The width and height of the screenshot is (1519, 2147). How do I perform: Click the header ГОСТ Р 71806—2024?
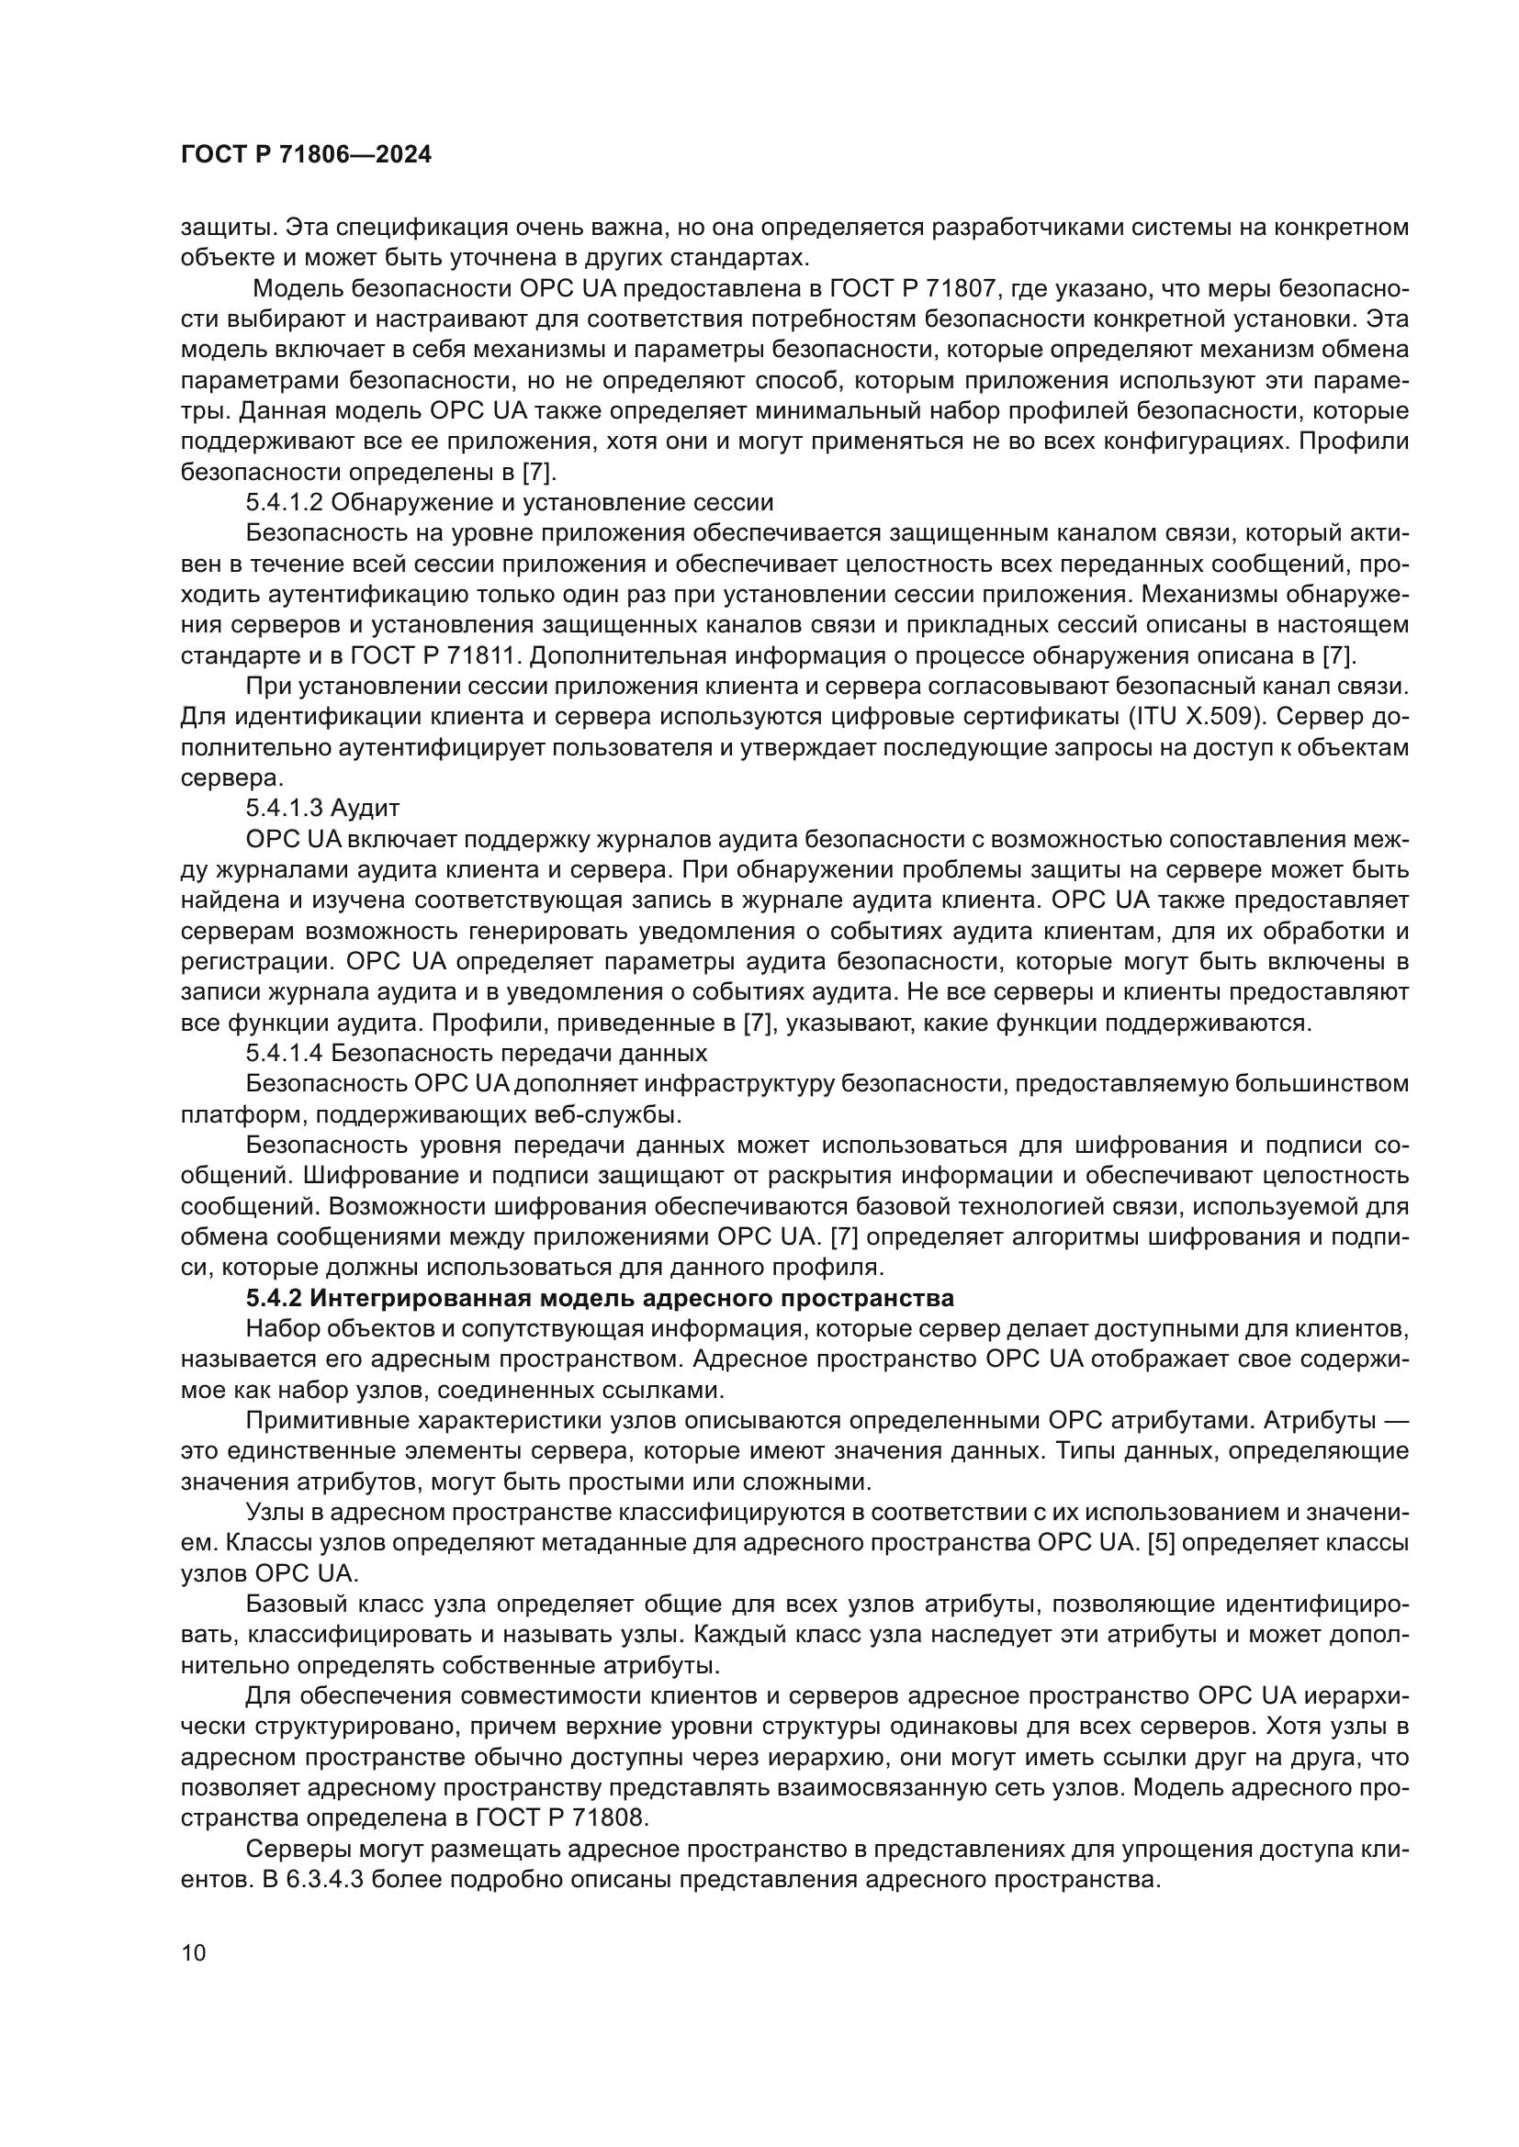pos(306,155)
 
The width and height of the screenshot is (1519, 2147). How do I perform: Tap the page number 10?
pos(194,1953)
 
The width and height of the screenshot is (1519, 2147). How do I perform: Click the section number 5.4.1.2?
pos(285,503)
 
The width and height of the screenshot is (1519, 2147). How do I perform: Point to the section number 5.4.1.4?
pos(285,1054)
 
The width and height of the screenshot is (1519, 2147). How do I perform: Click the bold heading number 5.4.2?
pos(274,1299)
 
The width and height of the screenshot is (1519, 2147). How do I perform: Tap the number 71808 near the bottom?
pos(609,1818)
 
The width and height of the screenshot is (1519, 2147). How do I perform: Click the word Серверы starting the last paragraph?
pos(292,1850)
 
